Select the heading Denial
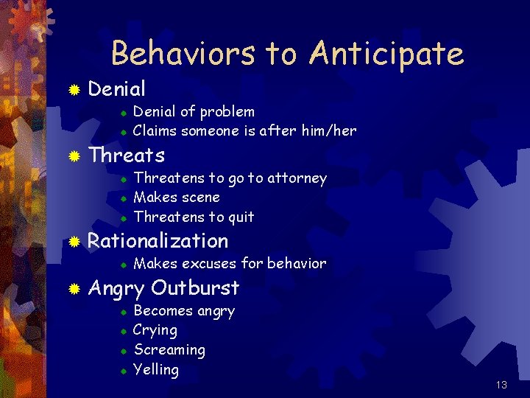(x=116, y=89)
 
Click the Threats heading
(x=126, y=156)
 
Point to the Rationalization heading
(x=158, y=241)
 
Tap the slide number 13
(x=501, y=385)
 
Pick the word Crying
(x=155, y=331)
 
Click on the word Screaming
(x=169, y=350)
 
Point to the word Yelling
(x=156, y=369)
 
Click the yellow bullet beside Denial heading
(x=74, y=90)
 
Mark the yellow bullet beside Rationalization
(x=74, y=242)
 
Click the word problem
(x=227, y=112)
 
